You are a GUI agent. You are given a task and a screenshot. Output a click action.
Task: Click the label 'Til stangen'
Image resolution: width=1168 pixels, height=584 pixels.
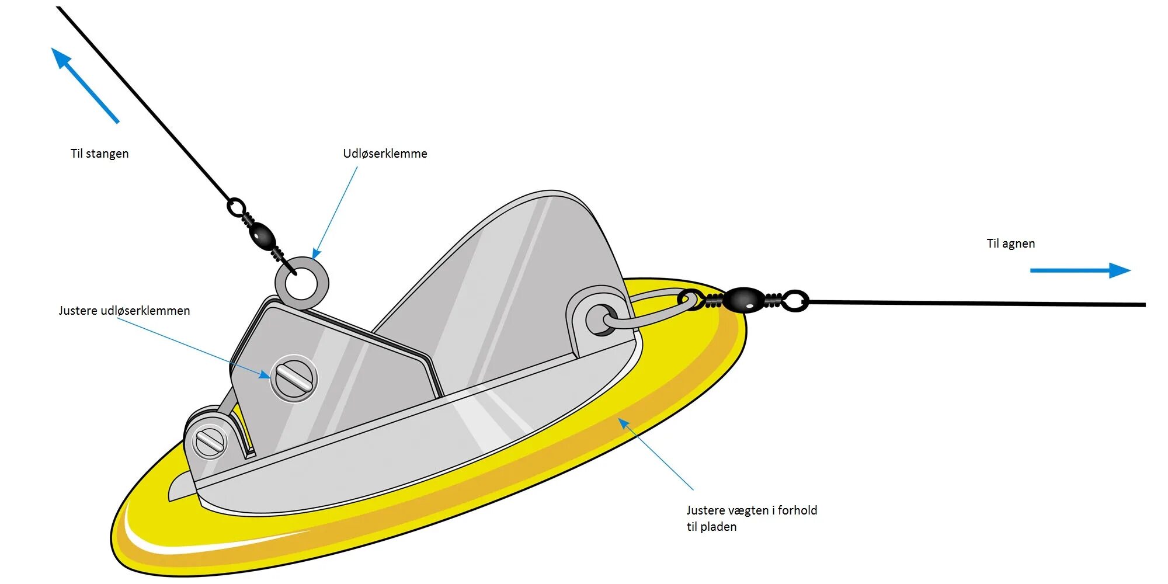pos(99,154)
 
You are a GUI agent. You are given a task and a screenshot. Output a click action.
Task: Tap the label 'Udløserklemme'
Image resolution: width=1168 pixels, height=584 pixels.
pos(385,154)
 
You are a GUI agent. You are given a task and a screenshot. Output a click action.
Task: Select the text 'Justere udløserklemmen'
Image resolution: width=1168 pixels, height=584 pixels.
pos(124,311)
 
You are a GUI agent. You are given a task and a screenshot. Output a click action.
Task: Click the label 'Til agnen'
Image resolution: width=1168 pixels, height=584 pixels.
pos(1010,244)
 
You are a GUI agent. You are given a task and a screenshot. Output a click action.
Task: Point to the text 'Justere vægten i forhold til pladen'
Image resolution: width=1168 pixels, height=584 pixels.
pos(751,518)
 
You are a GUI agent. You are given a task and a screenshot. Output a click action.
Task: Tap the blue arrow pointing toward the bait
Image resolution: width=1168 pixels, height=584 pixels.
pos(1080,270)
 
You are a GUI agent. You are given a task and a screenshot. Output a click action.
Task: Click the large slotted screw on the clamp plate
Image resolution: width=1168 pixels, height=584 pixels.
pos(294,378)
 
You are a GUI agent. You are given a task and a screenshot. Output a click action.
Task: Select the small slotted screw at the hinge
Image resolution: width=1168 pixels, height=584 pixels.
pos(210,442)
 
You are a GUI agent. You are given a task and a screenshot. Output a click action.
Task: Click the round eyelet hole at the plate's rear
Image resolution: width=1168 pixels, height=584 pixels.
pos(600,319)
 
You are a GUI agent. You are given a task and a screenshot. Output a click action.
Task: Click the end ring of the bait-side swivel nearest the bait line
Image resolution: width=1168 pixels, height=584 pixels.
pos(795,301)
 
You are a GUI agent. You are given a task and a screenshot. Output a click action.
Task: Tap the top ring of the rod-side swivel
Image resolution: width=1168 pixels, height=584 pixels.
pos(236,207)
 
